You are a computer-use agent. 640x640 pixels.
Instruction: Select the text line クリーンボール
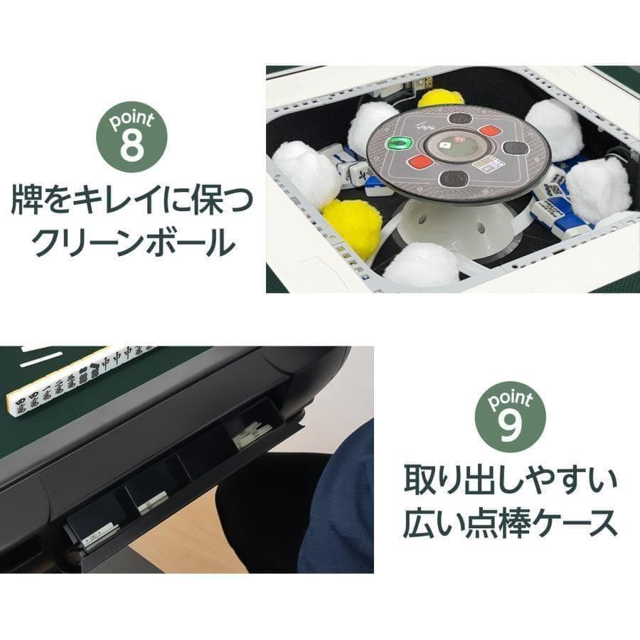tap(134, 243)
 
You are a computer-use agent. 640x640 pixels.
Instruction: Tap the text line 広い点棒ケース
tap(510, 524)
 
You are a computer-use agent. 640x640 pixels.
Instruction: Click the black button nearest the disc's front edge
tap(452, 177)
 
